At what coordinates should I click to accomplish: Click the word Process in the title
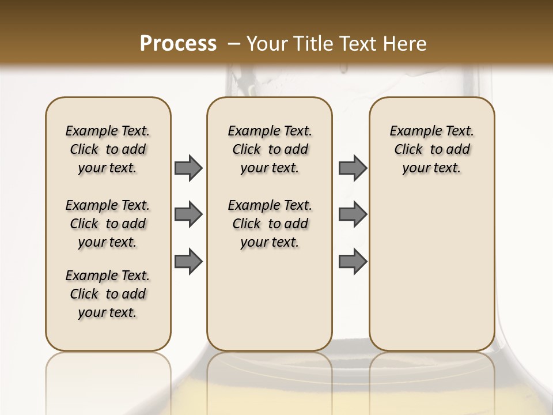[178, 43]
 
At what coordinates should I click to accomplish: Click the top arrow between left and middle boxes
[188, 168]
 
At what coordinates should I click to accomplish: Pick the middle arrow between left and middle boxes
[188, 214]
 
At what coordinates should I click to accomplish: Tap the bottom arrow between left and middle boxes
[188, 261]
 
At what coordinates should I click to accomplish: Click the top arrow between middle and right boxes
[353, 168]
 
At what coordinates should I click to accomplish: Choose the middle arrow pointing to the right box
[353, 214]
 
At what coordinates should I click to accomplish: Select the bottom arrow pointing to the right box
[353, 261]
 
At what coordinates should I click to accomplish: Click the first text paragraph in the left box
[108, 149]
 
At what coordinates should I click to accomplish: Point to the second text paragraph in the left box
[108, 224]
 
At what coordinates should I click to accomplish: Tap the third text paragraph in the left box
[108, 294]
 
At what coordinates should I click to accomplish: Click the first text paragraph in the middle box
[270, 149]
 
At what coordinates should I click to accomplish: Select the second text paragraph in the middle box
[270, 224]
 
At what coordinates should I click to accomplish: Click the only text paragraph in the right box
[432, 149]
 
